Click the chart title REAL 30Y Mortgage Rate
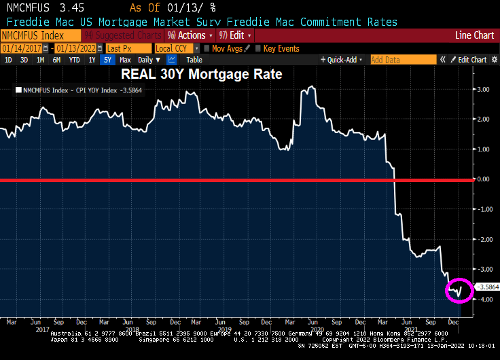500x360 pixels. click(201, 74)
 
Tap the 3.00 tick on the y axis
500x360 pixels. click(483, 89)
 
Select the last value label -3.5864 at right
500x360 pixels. click(487, 287)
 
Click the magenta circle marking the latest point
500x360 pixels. click(459, 290)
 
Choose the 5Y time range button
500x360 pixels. click(107, 60)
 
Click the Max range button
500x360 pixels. click(125, 60)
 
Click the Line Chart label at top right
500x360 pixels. click(475, 35)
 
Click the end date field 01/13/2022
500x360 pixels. click(77, 48)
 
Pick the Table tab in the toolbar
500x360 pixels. click(194, 60)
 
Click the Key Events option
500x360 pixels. click(281, 48)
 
